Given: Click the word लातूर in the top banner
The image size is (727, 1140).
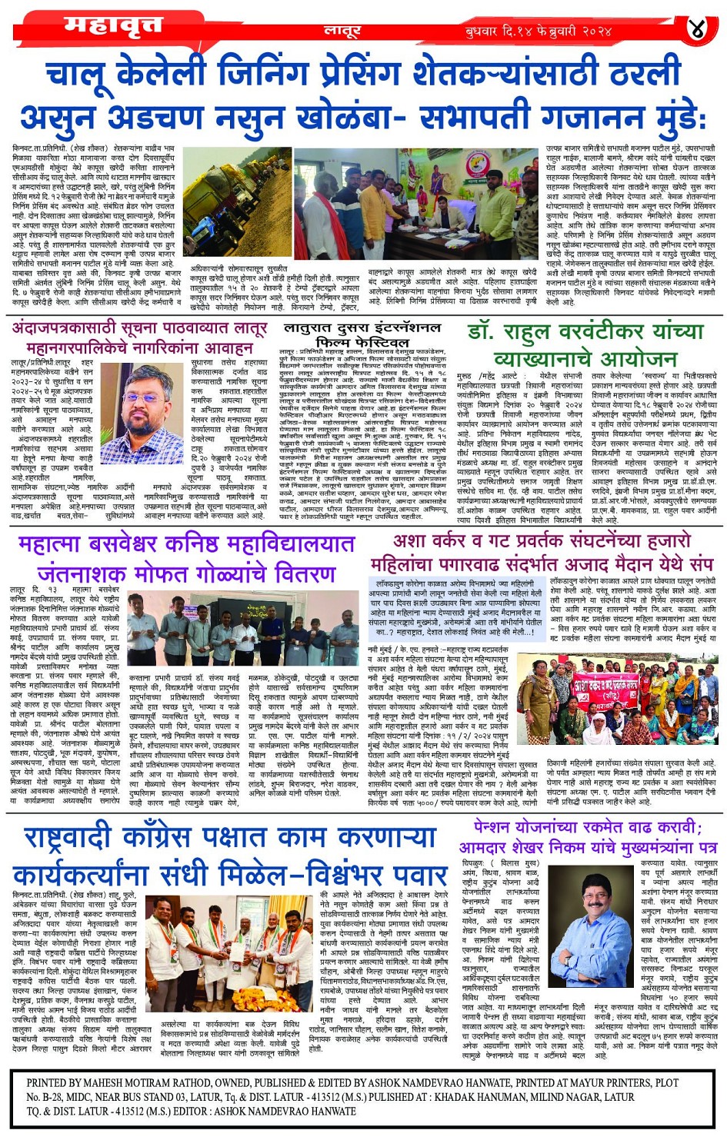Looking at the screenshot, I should point(342,32).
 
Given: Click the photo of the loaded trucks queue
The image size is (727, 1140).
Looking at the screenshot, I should point(234,203).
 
